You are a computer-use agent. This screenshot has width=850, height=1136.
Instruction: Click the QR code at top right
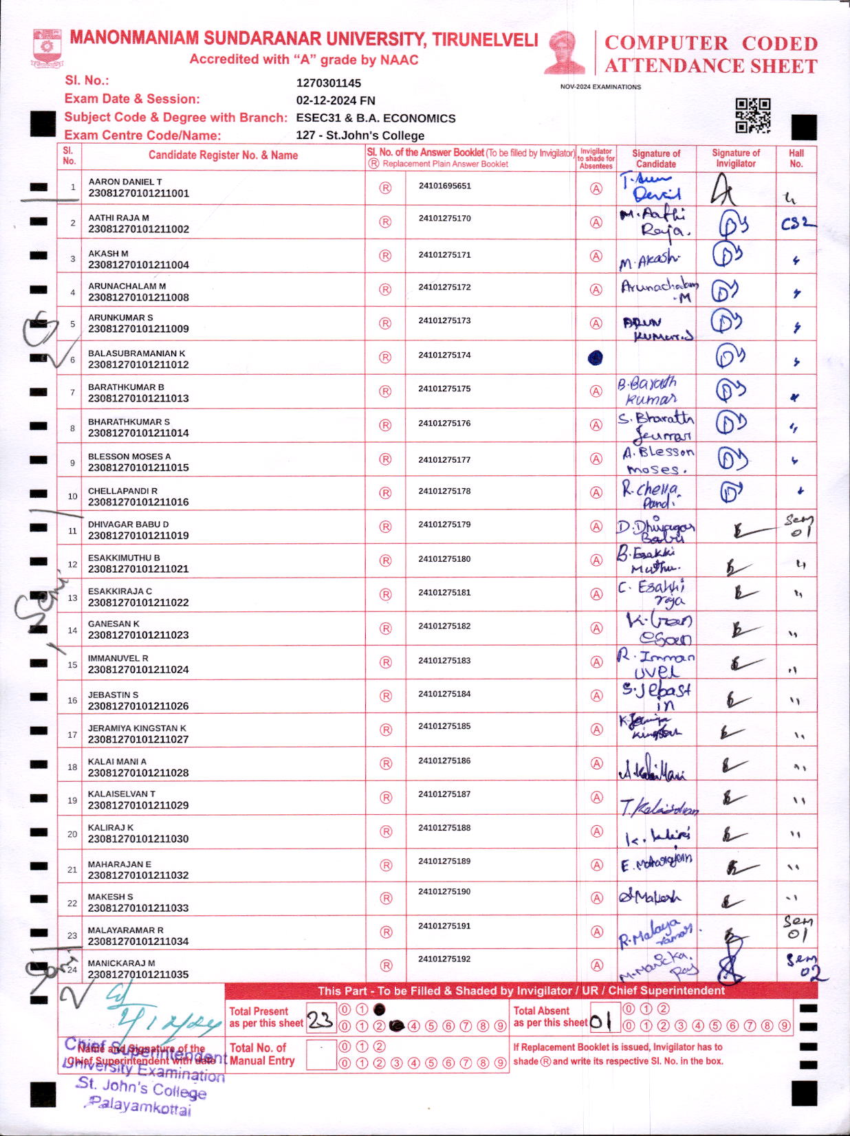pos(753,115)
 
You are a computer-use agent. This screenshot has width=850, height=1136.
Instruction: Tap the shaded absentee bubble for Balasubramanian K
pos(596,358)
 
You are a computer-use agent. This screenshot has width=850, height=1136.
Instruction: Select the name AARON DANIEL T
pos(125,182)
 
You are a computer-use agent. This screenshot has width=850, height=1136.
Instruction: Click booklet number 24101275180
pos(444,559)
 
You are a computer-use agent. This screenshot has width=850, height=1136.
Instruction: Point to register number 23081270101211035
pos(138,974)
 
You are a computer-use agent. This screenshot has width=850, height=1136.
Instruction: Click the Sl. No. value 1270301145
pos(329,83)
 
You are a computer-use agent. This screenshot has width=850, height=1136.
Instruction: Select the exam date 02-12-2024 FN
pos(336,100)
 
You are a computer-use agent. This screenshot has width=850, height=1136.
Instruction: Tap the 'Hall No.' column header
pos(796,159)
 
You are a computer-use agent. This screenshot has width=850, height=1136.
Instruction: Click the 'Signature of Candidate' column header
pos(655,159)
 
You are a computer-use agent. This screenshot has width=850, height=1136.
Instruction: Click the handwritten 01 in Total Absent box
pos(600,1022)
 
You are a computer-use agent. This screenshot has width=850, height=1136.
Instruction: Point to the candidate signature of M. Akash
pos(649,260)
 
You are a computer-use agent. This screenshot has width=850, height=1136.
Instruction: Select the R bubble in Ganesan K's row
pos(386,629)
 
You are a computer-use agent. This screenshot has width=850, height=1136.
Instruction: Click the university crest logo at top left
pos(47,47)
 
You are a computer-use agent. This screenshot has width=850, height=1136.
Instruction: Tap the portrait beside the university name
pos(565,52)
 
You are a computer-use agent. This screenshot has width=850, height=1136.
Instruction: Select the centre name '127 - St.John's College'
pos(360,135)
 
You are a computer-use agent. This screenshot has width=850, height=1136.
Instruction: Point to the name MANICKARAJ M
pos(121,963)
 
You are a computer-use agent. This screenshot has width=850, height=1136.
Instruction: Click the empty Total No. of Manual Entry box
pos(320,1055)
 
